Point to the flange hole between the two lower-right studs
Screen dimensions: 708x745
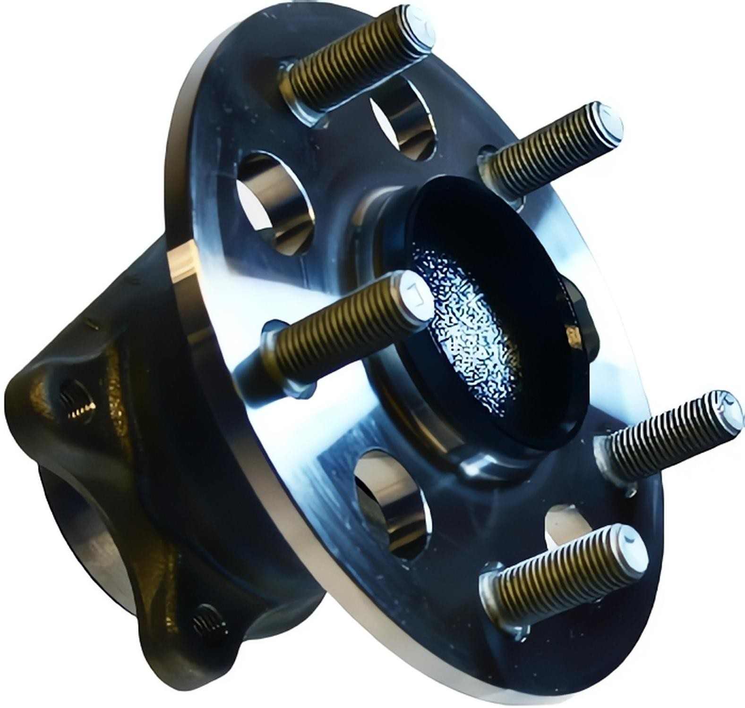pos(567,524)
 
